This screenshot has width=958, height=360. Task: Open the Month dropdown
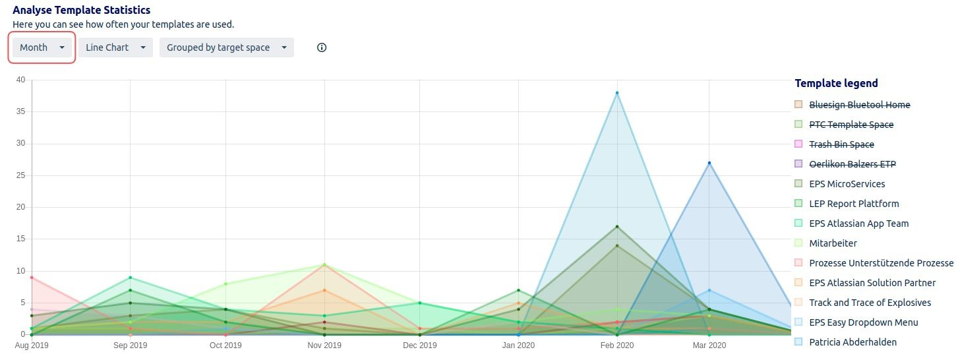tap(42, 47)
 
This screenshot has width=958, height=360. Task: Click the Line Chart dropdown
tap(115, 47)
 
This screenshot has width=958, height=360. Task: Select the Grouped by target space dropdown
tap(226, 47)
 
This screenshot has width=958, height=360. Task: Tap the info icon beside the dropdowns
tap(322, 47)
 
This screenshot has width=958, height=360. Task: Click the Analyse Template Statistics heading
tap(82, 10)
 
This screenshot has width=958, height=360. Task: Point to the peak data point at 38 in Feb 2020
tap(617, 93)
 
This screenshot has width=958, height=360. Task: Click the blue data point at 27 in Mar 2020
tap(709, 163)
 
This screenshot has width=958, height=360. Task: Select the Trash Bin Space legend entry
tap(841, 144)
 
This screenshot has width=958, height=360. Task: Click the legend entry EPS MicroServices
tap(847, 184)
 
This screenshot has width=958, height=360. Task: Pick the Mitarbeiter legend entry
tap(833, 243)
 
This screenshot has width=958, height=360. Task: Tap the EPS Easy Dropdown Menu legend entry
tap(863, 322)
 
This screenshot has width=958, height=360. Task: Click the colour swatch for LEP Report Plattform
tap(798, 204)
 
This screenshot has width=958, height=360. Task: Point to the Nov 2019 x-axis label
tap(324, 345)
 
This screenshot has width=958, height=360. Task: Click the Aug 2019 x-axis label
tap(32, 345)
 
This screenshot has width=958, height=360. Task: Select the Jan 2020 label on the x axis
tap(518, 345)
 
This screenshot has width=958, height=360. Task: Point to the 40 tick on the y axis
tap(20, 80)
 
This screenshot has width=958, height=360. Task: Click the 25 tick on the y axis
tap(20, 175)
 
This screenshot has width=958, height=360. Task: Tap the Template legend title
tap(836, 83)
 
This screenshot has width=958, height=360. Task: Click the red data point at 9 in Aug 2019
tap(32, 278)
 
